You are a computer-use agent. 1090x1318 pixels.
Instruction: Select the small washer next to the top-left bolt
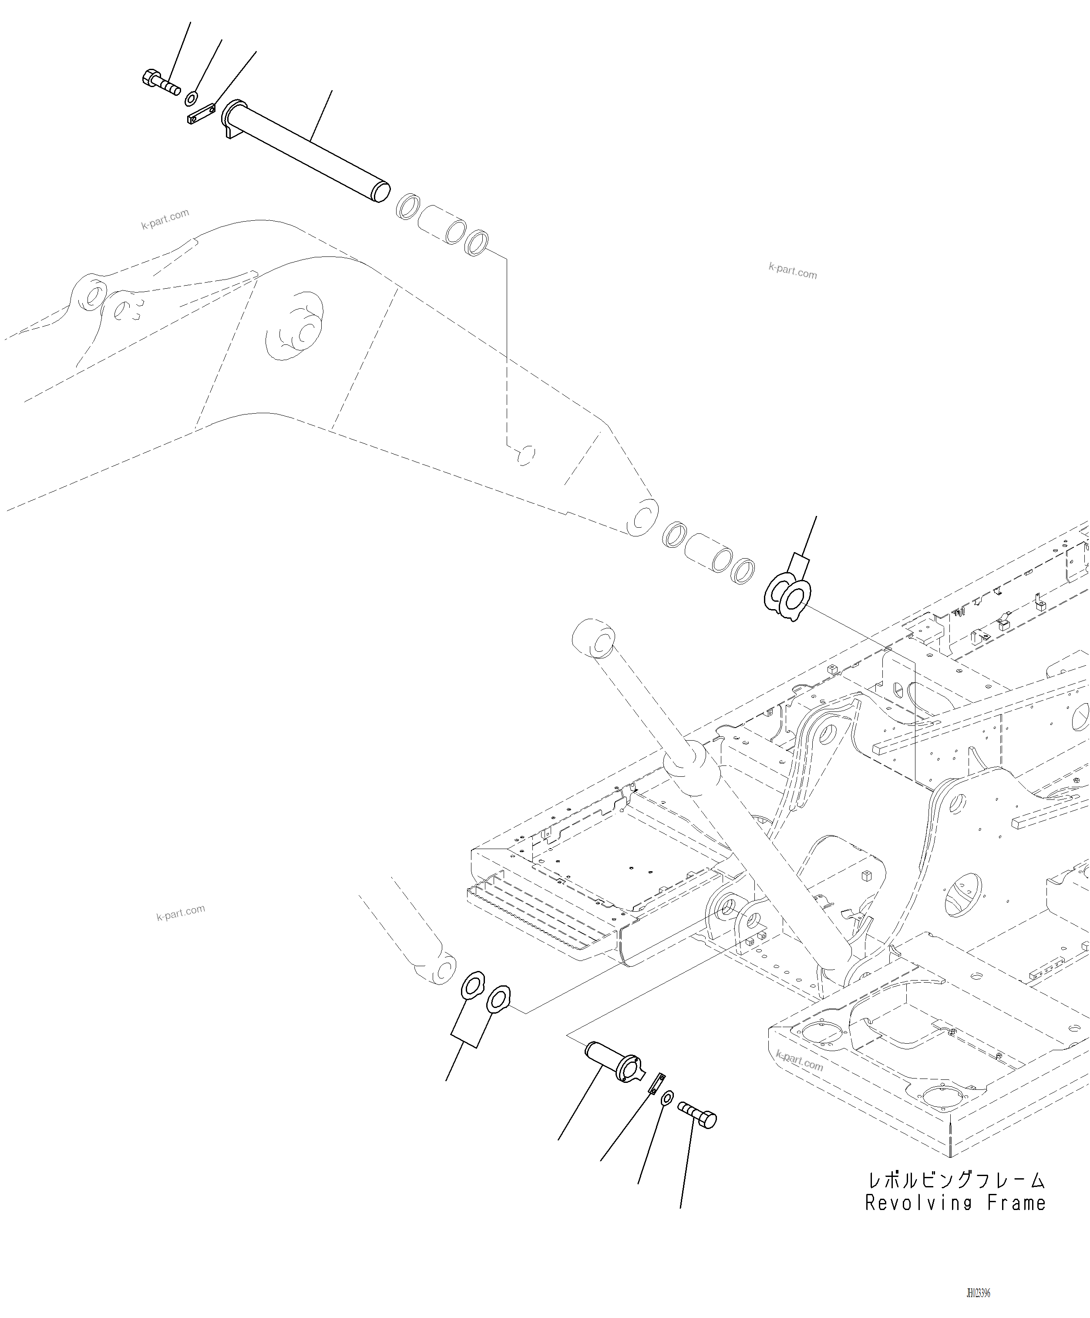coord(192,98)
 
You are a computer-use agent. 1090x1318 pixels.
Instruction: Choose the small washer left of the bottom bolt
coord(668,1098)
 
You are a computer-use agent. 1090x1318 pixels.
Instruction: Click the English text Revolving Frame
coord(955,1203)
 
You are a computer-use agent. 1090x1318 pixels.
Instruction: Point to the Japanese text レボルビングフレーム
coord(955,1180)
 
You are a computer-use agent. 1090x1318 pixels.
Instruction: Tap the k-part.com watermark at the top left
coord(165,219)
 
